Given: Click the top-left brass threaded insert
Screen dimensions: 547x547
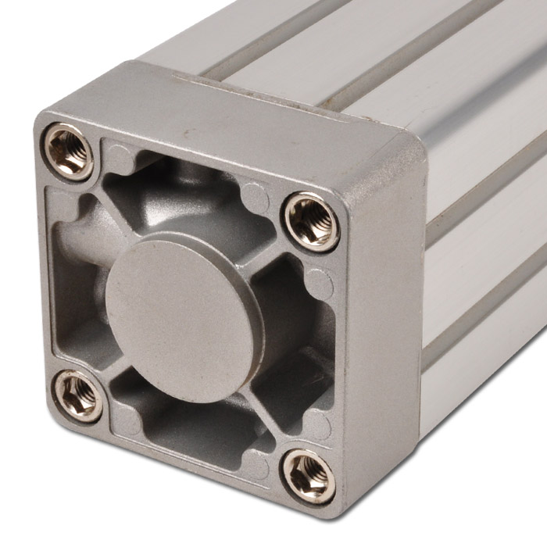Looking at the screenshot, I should coord(68,152).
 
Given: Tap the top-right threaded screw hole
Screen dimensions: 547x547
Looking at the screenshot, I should coord(312,221).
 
